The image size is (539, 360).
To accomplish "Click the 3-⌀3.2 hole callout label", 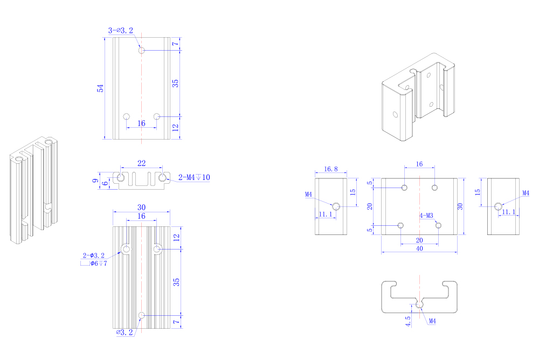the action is pos(121,31).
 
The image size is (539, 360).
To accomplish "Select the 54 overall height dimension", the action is pos(100,88).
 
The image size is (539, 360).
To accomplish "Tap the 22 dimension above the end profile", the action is pos(141,163).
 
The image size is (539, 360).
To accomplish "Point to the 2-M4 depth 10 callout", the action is pos(194,177).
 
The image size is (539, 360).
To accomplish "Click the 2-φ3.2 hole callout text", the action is pos(93,255).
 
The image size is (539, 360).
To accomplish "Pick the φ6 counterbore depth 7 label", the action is pos(99,264).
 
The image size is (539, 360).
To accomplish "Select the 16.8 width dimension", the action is pos(331,169).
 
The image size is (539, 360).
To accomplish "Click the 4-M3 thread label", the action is pos(426,216).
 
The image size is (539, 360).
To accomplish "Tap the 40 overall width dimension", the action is pos(419,248).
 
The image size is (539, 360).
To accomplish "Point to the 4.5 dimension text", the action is pos(408,322).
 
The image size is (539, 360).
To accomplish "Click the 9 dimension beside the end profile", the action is pos(95,180).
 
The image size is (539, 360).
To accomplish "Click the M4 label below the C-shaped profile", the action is pos(432,321).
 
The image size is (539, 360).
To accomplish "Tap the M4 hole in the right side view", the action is pos(498,206).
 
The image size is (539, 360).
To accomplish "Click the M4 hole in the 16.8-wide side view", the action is pos(336,206).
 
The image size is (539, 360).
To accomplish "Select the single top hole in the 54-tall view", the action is pos(141,50).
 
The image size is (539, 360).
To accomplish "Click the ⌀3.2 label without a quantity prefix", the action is pos(125,333).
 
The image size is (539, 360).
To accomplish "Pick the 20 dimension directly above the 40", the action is pos(419,240).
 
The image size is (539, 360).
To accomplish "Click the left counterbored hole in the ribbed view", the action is pos(126,249).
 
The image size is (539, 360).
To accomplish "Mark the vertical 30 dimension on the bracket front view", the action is pos(460,206).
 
